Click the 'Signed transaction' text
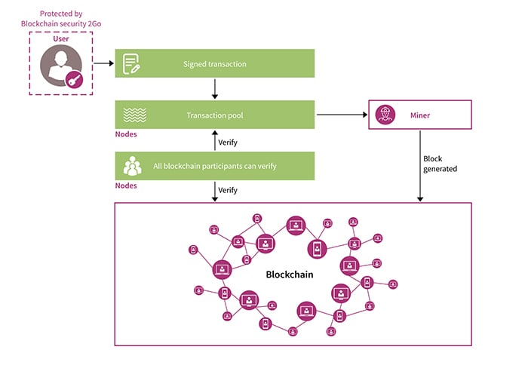tap(214, 64)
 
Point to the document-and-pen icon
tap(133, 64)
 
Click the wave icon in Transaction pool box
tap(133, 115)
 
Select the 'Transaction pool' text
tap(214, 115)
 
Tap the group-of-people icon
tap(133, 165)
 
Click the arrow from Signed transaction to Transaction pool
tap(215, 89)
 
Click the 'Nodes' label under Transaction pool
tap(126, 134)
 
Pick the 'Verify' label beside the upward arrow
tap(228, 141)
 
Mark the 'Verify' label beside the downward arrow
tap(228, 190)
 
